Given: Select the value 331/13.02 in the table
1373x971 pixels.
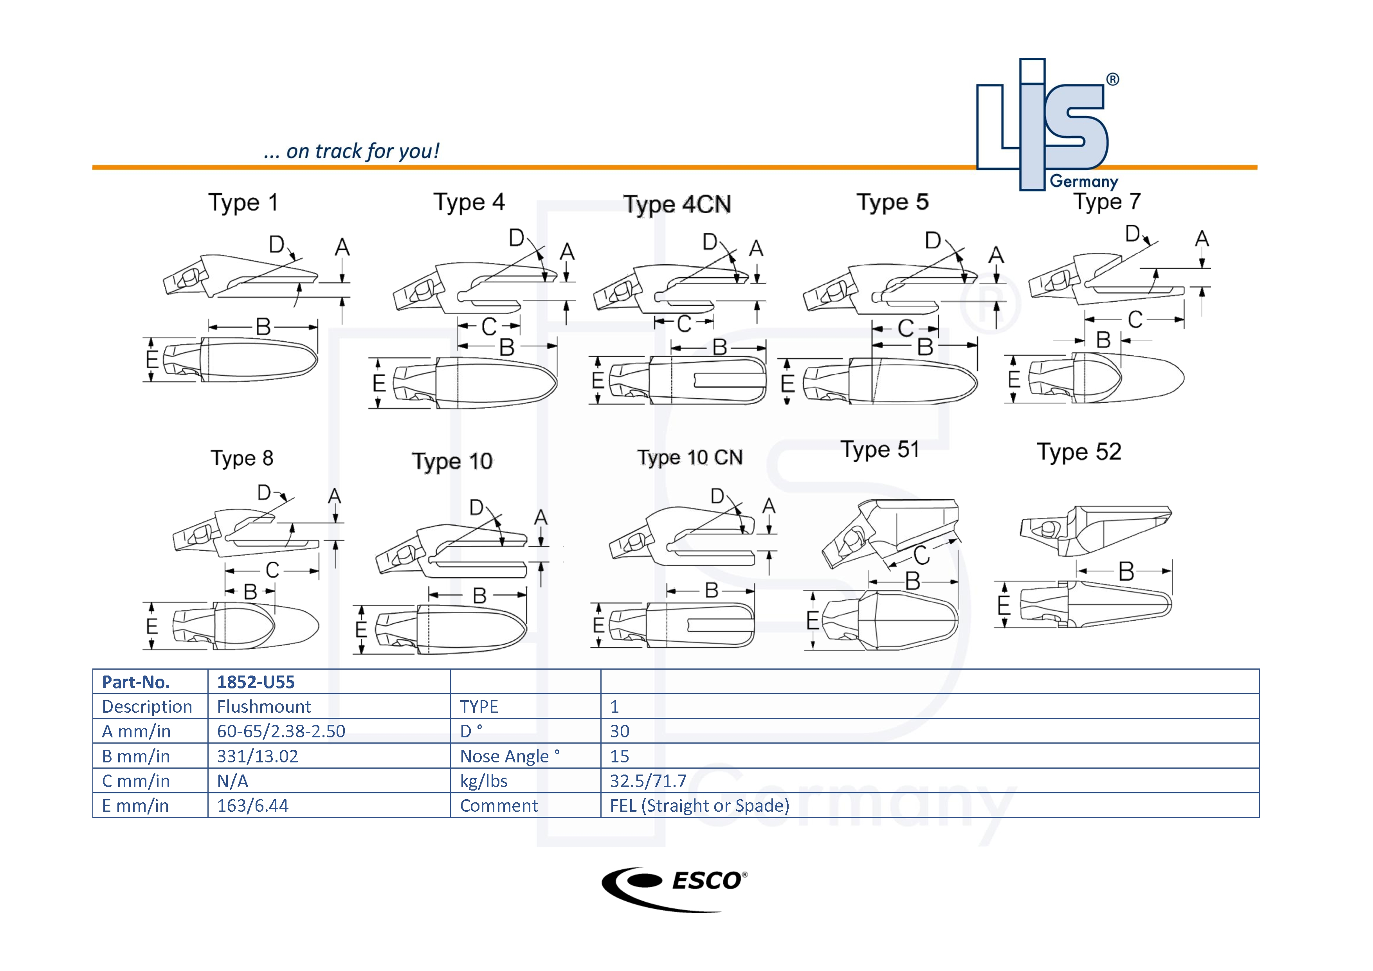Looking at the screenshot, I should coord(257,757).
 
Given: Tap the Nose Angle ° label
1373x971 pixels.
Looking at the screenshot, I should coord(510,757).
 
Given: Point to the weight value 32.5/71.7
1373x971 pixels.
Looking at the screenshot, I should coord(648,781).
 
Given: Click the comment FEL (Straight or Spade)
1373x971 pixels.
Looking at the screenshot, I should coord(699,805).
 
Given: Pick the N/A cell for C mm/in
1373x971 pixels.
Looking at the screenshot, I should coord(232,781).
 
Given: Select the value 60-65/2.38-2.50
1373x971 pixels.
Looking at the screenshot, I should coord(281,731).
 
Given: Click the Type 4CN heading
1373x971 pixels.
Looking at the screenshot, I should coord(677,204).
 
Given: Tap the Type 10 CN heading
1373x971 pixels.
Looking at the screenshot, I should coord(690,458).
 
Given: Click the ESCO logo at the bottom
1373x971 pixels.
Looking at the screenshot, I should coord(674,888).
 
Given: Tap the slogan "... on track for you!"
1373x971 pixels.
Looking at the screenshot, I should coord(351,151).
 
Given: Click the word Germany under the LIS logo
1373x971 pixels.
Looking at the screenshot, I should coord(1084,181).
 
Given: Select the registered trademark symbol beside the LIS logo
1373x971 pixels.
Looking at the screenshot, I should coord(1112,79).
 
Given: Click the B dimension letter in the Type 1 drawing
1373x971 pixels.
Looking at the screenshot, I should coord(263,326).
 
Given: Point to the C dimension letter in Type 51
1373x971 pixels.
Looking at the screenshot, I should coord(921,555).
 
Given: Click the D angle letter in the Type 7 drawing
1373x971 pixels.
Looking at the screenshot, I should coord(1132,233).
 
